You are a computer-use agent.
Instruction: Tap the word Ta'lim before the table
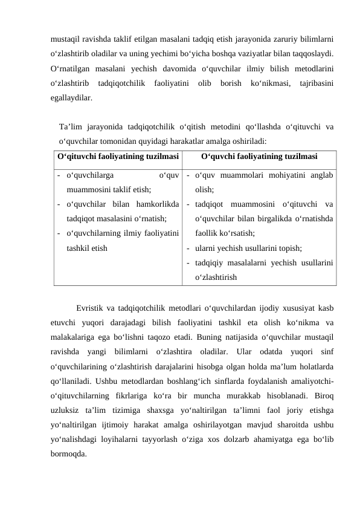pyautogui.click(x=71, y=127)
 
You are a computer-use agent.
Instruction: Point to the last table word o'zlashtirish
pyautogui.click(x=216, y=277)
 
